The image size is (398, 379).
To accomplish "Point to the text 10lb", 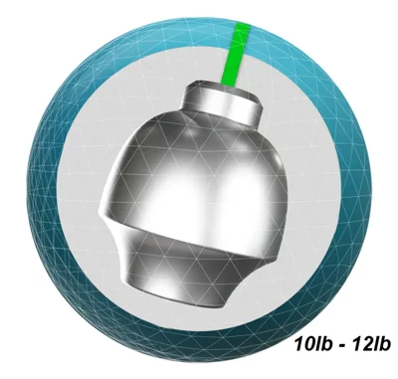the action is pos(313,345).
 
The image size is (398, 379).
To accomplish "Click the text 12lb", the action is pos(370,345).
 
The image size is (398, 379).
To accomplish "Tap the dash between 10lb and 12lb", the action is pos(341,346).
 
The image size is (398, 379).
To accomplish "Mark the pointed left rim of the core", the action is pos(100,211).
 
